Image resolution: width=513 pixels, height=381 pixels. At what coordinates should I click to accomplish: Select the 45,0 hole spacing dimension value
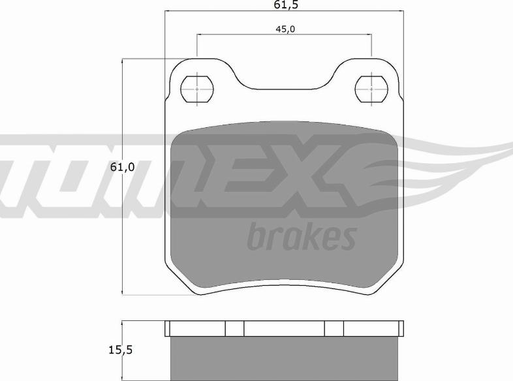[x=285, y=29]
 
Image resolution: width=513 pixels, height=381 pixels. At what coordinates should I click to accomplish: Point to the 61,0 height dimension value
[x=122, y=167]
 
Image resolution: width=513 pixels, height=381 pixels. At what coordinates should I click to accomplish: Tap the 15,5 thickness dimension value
[x=120, y=350]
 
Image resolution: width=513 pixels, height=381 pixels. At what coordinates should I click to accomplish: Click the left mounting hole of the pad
[x=197, y=89]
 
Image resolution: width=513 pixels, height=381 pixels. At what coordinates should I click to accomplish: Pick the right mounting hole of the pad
[x=371, y=89]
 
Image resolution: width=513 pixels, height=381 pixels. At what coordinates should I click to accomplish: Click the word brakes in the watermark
[x=302, y=236]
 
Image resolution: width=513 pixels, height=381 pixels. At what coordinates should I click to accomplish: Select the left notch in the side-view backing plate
[x=234, y=328]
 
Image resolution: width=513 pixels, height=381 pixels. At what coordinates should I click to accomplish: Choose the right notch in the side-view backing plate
[x=334, y=328]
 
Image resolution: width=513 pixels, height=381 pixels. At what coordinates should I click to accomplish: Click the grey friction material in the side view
[x=284, y=358]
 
